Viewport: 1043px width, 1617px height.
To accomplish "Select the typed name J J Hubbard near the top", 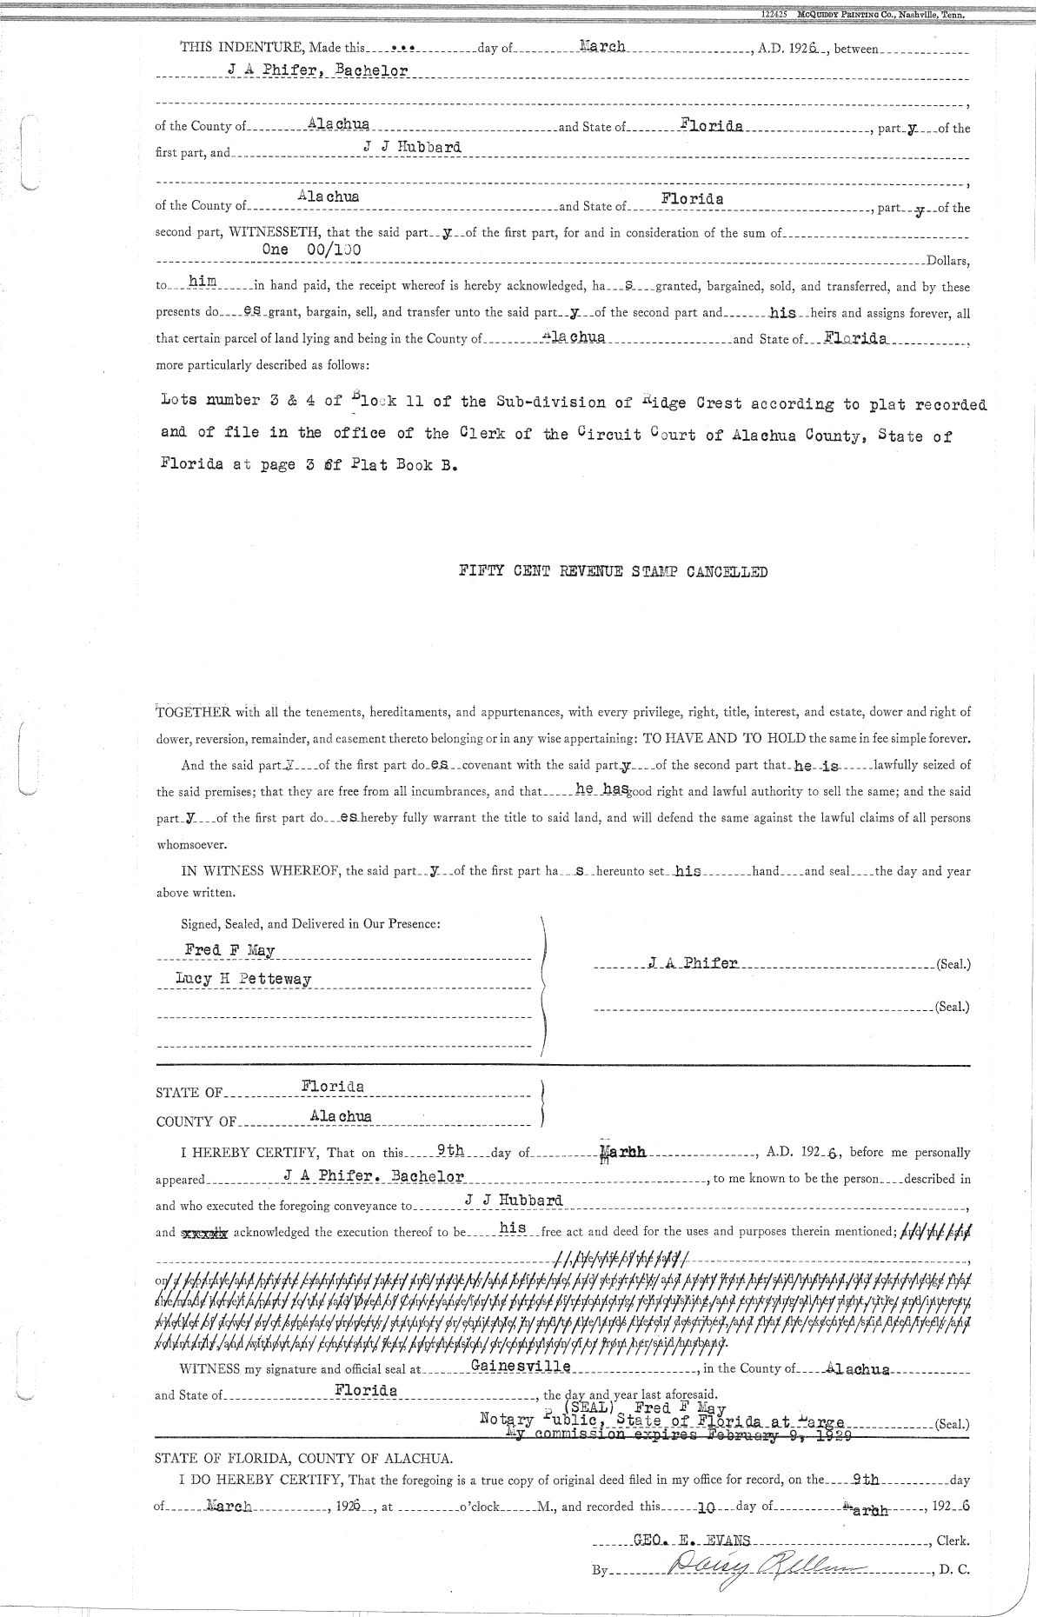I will coord(413,147).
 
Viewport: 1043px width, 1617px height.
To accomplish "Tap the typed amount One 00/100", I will coord(312,249).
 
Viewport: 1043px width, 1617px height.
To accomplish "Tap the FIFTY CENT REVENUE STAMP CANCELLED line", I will coord(614,572).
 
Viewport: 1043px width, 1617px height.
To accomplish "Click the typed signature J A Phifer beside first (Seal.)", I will coord(693,963).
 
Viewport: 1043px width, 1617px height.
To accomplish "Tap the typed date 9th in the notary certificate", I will coord(450,1150).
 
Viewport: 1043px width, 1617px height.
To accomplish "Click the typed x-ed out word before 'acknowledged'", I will coord(203,1232).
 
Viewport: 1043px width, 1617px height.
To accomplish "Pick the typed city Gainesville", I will coord(520,1366).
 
